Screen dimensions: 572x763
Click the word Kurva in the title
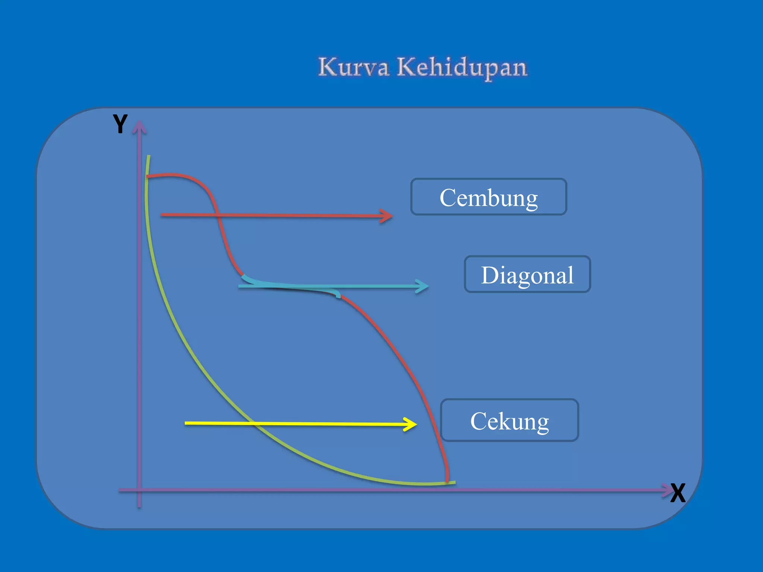[x=353, y=67]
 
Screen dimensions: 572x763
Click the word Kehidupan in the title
[x=462, y=68]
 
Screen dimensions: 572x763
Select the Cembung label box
[x=488, y=197]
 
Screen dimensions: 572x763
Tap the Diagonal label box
[x=527, y=274]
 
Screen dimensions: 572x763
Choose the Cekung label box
[x=509, y=420]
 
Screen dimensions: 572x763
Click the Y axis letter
[x=120, y=124]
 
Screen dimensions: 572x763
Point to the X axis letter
[x=678, y=493]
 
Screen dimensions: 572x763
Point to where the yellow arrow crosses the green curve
[x=253, y=423]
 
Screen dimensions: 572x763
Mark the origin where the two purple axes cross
[x=139, y=490]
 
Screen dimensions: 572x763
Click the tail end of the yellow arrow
[x=186, y=423]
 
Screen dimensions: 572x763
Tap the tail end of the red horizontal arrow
[x=162, y=215]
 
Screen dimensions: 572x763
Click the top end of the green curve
[x=149, y=156]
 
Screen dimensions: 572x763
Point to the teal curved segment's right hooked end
[x=338, y=296]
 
